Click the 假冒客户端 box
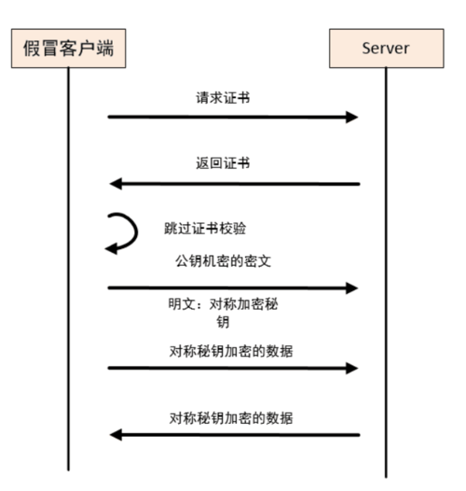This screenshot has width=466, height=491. coord(68,48)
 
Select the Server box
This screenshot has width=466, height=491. coord(385,48)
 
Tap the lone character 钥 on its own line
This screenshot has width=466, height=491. coord(223,322)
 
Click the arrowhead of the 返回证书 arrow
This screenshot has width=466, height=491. coord(116,183)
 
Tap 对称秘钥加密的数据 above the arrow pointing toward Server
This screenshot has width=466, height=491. coord(232,351)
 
